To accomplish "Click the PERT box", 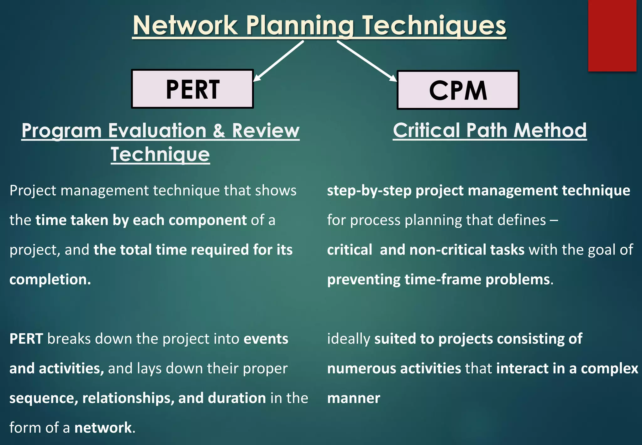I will tap(192, 89).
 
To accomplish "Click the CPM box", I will tap(458, 90).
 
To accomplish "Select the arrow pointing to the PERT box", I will tap(278, 61).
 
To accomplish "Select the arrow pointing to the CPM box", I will tap(367, 61).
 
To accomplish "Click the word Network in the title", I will tap(185, 26).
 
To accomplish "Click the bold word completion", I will tap(50, 279).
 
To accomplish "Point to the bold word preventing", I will tap(364, 279).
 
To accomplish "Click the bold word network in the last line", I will tap(103, 428).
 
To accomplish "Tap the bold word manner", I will tap(354, 398).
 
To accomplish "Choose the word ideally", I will tap(349, 339).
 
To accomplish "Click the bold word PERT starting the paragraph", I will tap(26, 339).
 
